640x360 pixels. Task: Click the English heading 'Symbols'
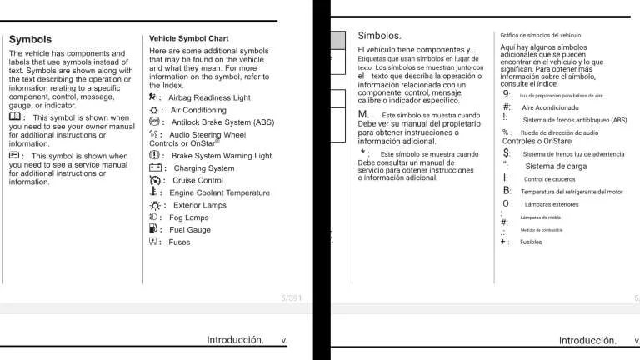pos(30,39)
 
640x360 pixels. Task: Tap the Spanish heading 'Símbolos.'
pos(379,36)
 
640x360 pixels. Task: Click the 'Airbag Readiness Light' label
pos(209,97)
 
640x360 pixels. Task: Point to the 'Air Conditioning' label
pos(198,110)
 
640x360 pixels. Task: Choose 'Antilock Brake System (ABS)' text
pos(222,122)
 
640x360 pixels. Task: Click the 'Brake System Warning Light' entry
pos(222,156)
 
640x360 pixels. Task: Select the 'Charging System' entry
pos(204,168)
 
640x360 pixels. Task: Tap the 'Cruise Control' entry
pos(198,180)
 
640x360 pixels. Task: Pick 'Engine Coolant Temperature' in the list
pos(219,192)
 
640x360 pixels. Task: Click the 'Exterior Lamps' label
pos(200,205)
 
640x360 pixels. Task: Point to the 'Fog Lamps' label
pos(188,217)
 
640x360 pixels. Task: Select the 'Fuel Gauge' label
pos(190,230)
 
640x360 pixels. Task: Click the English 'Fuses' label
pos(179,242)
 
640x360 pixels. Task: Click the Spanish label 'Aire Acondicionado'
pos(550,107)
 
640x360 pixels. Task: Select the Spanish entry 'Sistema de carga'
pos(556,167)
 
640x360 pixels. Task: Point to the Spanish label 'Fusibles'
pos(531,242)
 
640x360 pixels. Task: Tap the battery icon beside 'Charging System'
pos(155,168)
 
